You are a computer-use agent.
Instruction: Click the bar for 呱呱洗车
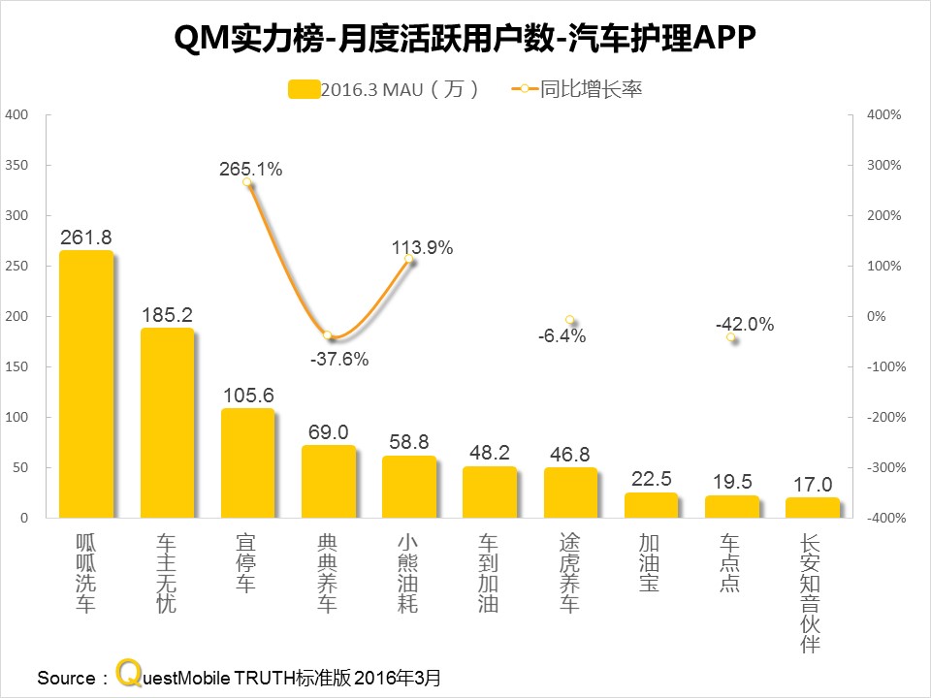click(x=85, y=385)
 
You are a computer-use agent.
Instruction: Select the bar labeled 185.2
click(x=166, y=424)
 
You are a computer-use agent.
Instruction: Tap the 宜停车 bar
click(x=247, y=463)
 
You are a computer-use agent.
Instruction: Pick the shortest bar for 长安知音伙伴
click(x=812, y=509)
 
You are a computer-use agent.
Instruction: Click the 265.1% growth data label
click(x=250, y=170)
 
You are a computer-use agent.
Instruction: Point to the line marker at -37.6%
click(x=328, y=335)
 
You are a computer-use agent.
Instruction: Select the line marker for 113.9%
click(x=409, y=260)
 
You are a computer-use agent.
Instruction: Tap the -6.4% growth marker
click(x=570, y=320)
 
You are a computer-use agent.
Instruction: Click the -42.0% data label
click(x=744, y=326)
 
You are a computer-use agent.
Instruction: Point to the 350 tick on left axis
click(x=16, y=165)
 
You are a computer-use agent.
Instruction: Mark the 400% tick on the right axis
click(x=884, y=114)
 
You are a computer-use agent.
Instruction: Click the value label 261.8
click(x=85, y=238)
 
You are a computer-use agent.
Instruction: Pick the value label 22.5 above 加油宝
click(x=651, y=478)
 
